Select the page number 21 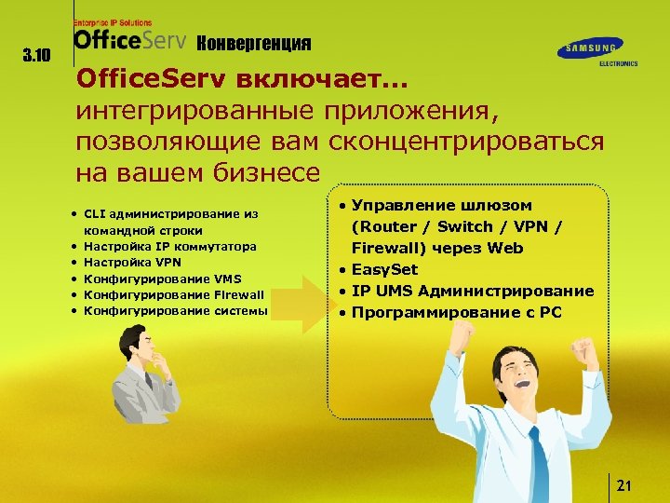624,485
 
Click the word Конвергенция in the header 255,44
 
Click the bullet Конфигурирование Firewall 174,294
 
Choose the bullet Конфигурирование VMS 163,279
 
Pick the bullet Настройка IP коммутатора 169,247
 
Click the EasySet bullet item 384,270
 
